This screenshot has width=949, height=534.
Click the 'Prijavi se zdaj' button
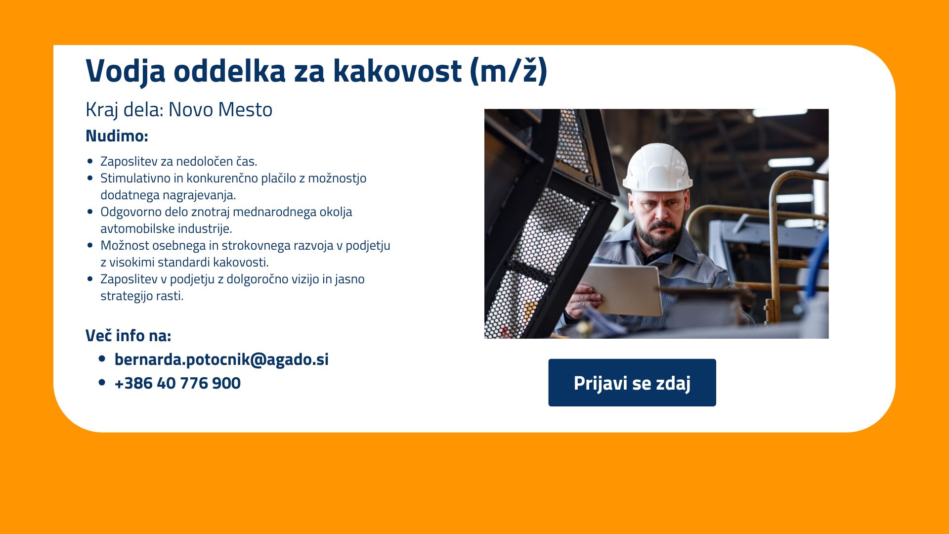[632, 383]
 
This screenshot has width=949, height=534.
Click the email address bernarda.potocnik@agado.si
[221, 359]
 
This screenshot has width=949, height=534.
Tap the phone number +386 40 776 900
[177, 383]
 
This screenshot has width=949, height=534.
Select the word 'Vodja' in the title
[125, 71]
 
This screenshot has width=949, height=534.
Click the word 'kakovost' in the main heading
[397, 70]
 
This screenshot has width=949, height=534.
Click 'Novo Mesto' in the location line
[220, 110]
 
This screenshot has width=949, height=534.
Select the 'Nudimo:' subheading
[117, 135]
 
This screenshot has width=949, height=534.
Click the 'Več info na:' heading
[128, 335]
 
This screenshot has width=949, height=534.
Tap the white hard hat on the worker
[657, 167]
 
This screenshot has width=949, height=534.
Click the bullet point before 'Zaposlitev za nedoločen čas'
[89, 161]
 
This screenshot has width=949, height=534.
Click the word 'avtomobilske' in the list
[137, 228]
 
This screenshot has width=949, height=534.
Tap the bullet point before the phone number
[102, 382]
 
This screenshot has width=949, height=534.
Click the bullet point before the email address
[102, 358]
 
